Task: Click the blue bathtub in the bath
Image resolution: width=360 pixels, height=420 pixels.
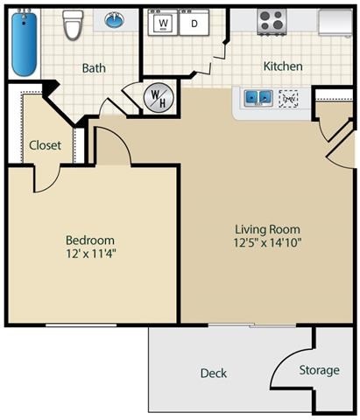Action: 24,44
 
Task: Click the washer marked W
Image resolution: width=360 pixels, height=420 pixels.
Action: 163,24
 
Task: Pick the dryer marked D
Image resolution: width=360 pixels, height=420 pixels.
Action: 194,24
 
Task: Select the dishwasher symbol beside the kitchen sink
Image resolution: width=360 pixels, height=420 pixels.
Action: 288,98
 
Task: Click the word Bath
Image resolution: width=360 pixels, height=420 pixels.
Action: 94,67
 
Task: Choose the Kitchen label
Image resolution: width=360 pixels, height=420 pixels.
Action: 283,66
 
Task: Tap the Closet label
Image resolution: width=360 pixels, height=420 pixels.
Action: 45,145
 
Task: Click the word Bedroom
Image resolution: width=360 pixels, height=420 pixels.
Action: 90,240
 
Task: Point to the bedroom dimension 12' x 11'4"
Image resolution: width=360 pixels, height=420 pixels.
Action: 90,255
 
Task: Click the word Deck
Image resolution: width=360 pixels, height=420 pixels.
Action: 213,373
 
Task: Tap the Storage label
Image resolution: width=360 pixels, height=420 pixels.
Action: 319,370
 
